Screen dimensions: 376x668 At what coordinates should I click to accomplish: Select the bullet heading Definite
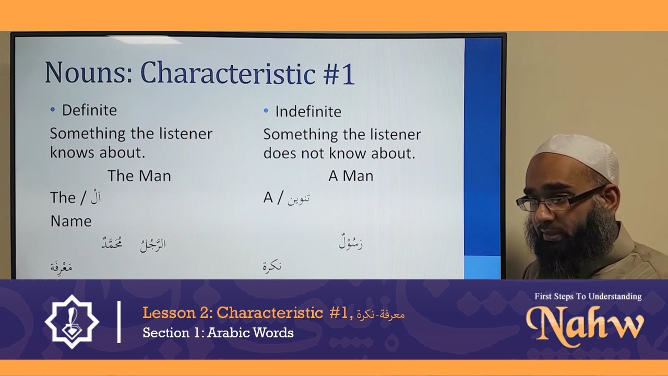[89, 110]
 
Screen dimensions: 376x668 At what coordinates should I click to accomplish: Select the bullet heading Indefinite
[308, 112]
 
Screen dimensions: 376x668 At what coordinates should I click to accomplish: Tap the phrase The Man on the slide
[139, 176]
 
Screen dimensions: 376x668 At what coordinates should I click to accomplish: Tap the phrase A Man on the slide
[351, 177]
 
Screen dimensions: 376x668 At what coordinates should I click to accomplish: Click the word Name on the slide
[71, 221]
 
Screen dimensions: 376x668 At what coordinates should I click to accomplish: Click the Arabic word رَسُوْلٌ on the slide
[351, 243]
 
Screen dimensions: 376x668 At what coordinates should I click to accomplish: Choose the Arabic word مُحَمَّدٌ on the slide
[112, 243]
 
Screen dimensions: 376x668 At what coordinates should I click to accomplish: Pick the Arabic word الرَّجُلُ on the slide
[153, 244]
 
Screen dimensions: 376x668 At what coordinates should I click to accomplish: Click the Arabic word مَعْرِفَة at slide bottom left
[61, 267]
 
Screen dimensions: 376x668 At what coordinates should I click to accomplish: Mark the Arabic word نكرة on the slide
[272, 266]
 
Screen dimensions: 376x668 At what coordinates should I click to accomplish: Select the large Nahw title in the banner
[585, 323]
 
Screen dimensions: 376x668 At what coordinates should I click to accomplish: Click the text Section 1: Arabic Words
[218, 333]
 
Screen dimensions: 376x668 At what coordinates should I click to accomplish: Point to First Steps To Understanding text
[588, 297]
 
